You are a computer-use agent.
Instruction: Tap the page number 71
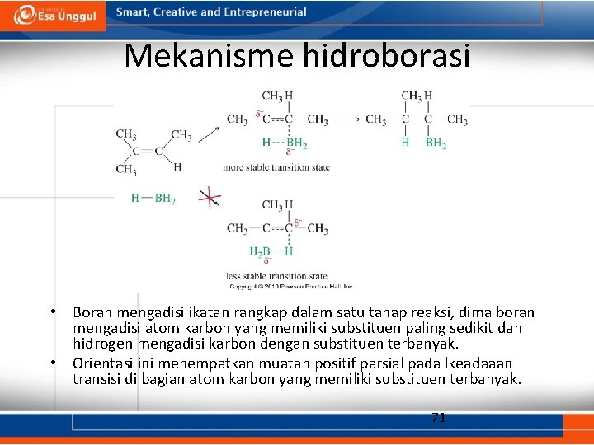pyautogui.click(x=439, y=418)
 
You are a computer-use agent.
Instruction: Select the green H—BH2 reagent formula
pyautogui.click(x=153, y=198)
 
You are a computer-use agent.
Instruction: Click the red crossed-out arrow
pyautogui.click(x=210, y=198)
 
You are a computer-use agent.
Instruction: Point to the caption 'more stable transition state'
pyautogui.click(x=276, y=167)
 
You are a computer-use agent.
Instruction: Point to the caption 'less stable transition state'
pyautogui.click(x=276, y=276)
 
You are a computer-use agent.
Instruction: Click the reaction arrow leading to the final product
pyautogui.click(x=346, y=119)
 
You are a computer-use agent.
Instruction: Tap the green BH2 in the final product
pyautogui.click(x=436, y=143)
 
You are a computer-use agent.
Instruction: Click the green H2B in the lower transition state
pyautogui.click(x=260, y=251)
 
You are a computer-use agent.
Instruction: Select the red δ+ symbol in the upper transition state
pyautogui.click(x=259, y=114)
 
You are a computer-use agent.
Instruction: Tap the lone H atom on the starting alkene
pyautogui.click(x=177, y=166)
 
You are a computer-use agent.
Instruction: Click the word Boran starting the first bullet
pyautogui.click(x=92, y=313)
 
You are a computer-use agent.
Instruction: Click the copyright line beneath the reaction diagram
pyautogui.click(x=290, y=286)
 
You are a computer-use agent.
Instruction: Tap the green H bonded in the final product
pyautogui.click(x=405, y=143)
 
